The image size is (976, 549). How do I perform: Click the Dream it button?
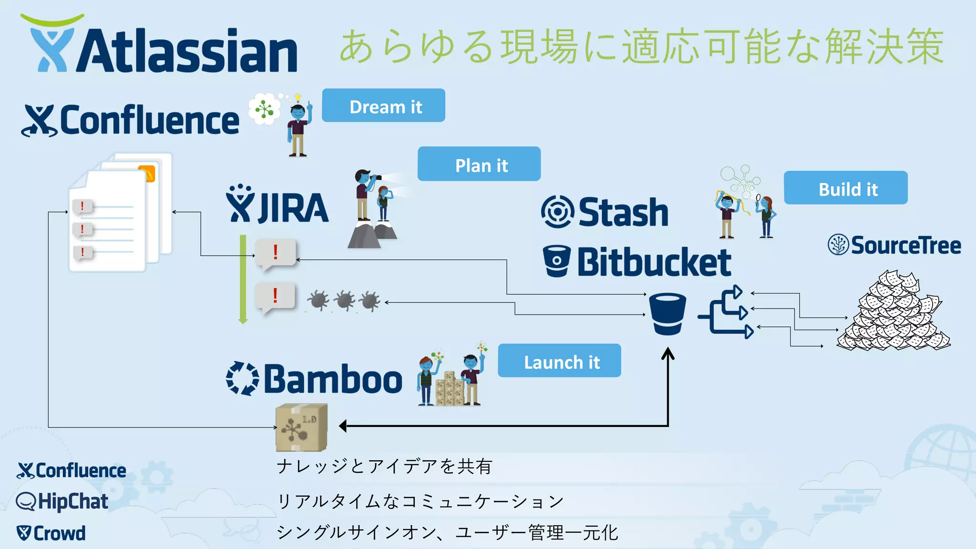tap(384, 105)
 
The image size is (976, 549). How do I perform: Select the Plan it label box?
tap(479, 164)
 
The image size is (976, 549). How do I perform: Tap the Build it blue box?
tap(845, 188)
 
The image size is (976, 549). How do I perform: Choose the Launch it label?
tap(559, 361)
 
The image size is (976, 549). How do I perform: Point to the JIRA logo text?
tap(292, 208)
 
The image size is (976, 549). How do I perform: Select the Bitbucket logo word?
tap(653, 262)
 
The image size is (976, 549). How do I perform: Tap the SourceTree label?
tap(905, 245)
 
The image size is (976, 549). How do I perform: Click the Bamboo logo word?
tap(332, 379)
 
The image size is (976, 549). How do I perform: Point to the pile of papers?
tap(894, 312)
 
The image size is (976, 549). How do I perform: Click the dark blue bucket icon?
tap(667, 314)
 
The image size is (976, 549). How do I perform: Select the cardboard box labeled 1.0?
tap(301, 427)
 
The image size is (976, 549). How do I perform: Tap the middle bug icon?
tap(344, 300)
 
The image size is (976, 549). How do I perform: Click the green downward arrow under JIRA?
tap(243, 279)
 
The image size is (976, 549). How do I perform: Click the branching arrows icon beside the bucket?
tap(727, 312)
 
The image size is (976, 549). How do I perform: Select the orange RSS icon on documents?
tap(147, 173)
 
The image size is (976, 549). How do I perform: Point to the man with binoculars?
tap(365, 195)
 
